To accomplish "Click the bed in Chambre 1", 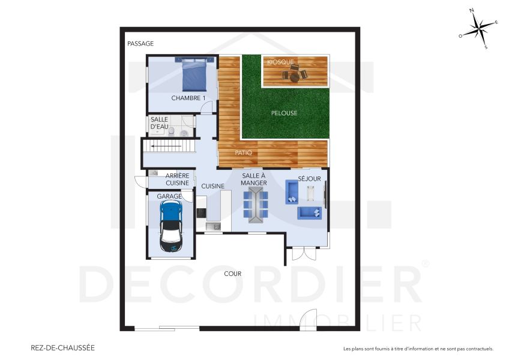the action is click(194, 74).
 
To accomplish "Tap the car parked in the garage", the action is click(171, 226).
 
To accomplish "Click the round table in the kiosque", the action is click(295, 78).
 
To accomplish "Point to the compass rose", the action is click(479, 29).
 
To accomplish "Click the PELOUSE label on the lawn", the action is click(284, 113).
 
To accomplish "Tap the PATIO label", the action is click(243, 152).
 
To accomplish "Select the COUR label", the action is click(233, 274).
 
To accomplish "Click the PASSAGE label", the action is click(140, 43).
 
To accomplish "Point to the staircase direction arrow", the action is click(166, 146).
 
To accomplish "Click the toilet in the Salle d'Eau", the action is click(172, 131).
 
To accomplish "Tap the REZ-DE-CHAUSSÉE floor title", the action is click(62, 347).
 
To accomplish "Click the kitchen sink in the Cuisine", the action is click(213, 226).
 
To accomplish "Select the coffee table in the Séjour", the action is click(311, 193).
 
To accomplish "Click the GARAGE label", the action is click(169, 196).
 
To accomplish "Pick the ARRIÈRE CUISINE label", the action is click(177, 179).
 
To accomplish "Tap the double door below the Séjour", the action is click(304, 254).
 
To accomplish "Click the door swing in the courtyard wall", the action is click(308, 320).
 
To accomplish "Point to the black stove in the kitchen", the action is click(201, 213).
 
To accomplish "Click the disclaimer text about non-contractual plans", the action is click(418, 349).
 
